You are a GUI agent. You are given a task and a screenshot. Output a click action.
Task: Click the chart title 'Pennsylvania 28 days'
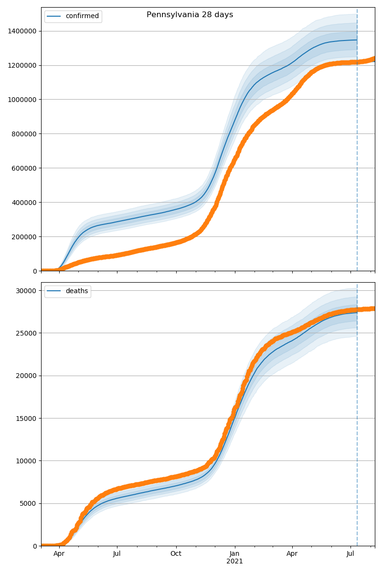[x=190, y=15]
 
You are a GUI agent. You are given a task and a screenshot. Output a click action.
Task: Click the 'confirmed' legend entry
[x=82, y=16]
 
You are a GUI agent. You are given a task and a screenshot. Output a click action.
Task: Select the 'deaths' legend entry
[x=77, y=291]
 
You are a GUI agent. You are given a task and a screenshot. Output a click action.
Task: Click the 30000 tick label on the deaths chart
[x=27, y=291]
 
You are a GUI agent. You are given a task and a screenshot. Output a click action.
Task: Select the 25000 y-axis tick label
[x=27, y=333]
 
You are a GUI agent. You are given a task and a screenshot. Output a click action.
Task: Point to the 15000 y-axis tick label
[x=27, y=419]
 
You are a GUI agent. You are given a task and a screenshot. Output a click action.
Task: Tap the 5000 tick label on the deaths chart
[x=29, y=504]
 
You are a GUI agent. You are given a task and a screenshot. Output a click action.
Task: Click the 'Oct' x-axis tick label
[x=176, y=554]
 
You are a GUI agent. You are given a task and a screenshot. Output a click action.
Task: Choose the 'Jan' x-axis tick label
[x=234, y=554]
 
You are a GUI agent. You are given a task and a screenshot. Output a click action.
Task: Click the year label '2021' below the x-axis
[x=234, y=562]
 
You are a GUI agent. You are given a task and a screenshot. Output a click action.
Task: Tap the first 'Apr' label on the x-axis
[x=59, y=554]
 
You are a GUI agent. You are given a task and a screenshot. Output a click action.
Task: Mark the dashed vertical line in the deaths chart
[x=357, y=429]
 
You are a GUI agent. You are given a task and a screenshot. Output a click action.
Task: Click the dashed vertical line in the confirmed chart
[x=357, y=143]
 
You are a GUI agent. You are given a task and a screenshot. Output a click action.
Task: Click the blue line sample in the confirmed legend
[x=54, y=16]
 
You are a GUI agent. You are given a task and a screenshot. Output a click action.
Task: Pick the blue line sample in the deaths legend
[x=54, y=291]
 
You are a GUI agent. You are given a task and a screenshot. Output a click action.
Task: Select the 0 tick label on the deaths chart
[x=35, y=546]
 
